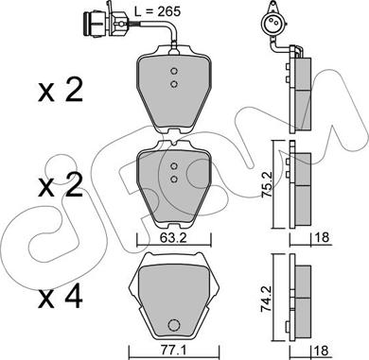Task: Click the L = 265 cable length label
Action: (158, 11)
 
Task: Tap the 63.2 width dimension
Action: (173, 237)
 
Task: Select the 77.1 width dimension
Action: (173, 351)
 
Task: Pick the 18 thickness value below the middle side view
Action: (322, 237)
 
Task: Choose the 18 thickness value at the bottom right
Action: (321, 351)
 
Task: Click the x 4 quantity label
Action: (61, 297)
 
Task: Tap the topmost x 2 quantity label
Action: (61, 90)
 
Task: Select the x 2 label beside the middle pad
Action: (61, 186)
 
